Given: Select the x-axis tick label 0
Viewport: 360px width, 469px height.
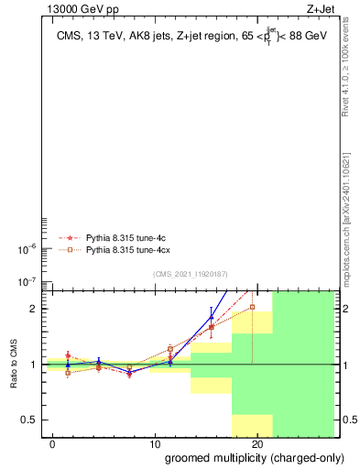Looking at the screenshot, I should coord(54,444).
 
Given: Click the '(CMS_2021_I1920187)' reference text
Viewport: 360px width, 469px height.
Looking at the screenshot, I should coord(190,274).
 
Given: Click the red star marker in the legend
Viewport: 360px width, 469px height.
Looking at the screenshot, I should coord(68,237).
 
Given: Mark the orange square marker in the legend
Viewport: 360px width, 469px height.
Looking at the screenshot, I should coord(68,249).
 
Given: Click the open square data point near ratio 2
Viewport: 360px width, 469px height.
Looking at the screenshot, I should coord(252,307).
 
